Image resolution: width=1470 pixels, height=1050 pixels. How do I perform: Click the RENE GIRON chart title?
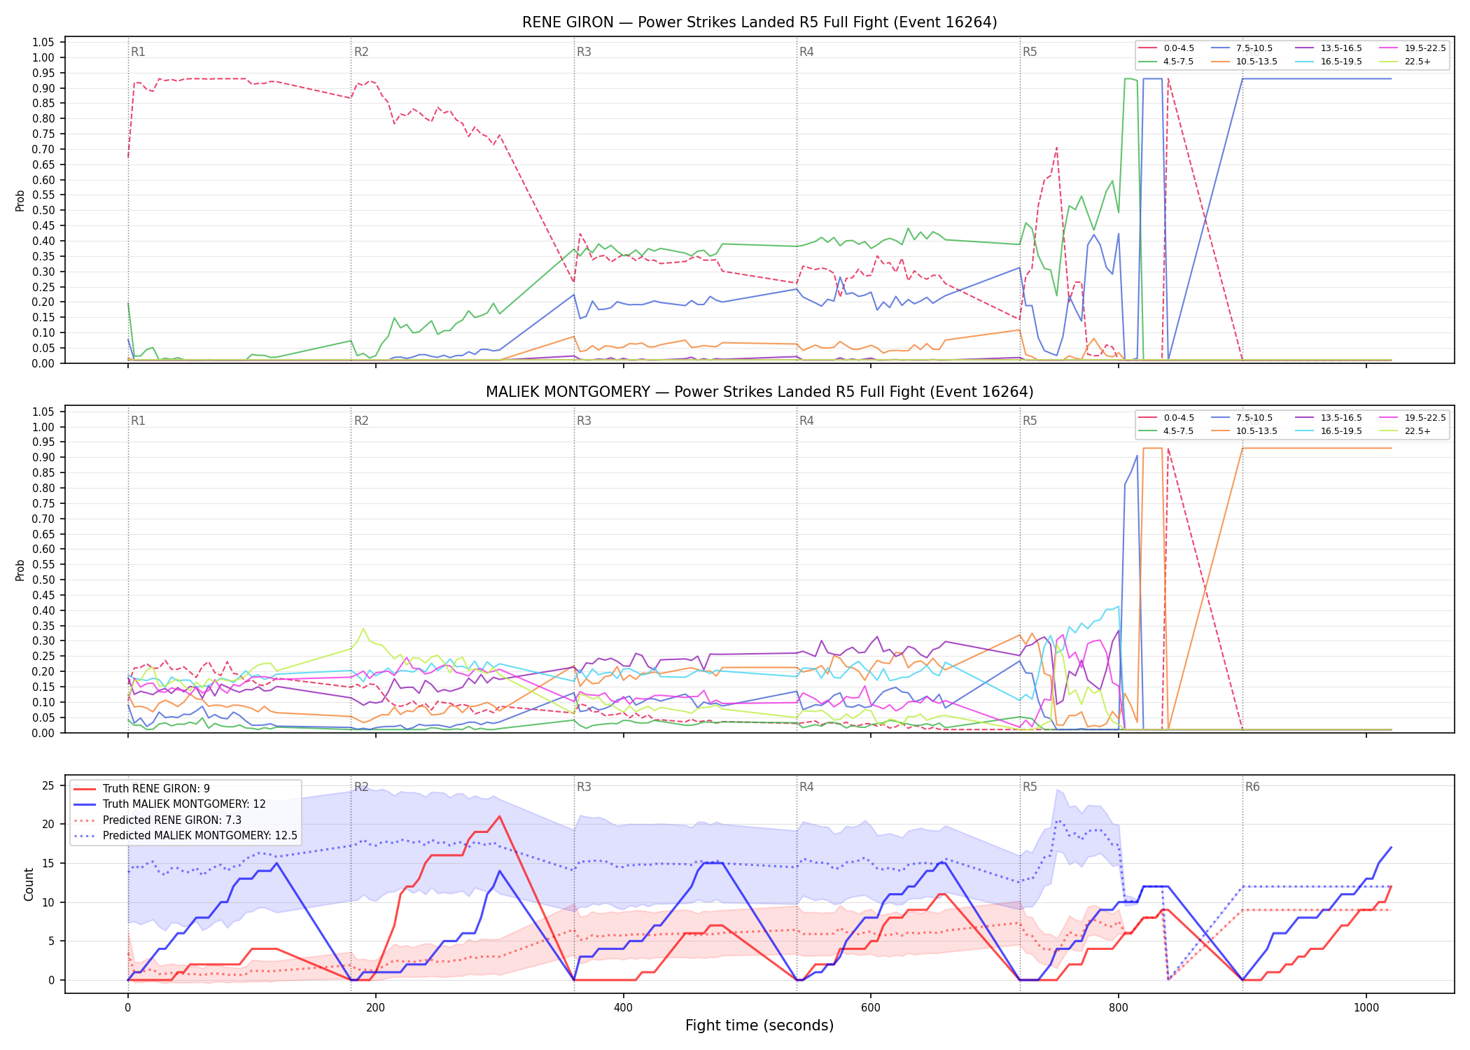tap(759, 22)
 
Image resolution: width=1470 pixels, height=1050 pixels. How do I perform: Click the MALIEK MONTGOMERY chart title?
tap(759, 392)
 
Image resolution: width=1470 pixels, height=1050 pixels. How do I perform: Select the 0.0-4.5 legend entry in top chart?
tap(1166, 48)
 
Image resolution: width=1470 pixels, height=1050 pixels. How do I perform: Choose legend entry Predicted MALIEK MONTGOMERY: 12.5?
tap(185, 836)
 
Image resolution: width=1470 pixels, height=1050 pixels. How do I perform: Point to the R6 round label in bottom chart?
tap(1252, 787)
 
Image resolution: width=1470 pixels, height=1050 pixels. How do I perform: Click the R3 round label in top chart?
tap(584, 52)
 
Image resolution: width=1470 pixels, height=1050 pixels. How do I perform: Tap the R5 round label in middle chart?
tap(1030, 421)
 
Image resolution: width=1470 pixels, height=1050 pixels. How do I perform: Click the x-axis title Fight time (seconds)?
tap(759, 1025)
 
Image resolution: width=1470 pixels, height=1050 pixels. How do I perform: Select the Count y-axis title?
tap(29, 884)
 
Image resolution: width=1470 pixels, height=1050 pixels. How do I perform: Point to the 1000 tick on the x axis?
tap(1366, 1008)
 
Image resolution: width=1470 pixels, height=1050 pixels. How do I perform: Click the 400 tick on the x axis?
tap(623, 1008)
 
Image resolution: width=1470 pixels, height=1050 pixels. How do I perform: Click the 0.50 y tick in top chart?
tap(43, 210)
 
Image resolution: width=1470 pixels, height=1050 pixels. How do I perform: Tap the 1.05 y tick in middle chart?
tap(43, 412)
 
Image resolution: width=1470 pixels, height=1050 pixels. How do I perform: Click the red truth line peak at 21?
tap(499, 816)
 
